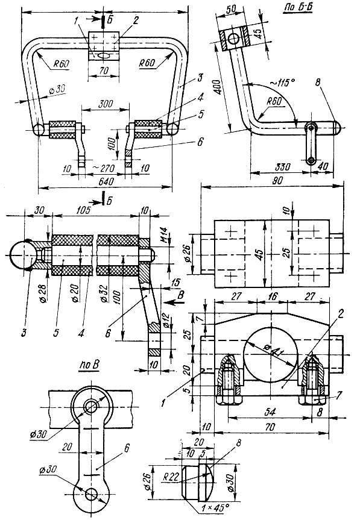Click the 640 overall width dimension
coord(106,182)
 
